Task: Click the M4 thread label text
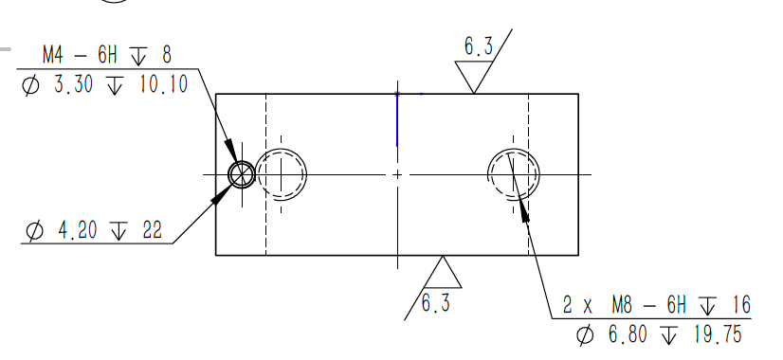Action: [x=53, y=55]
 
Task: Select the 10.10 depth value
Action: [x=163, y=84]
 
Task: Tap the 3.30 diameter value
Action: [x=73, y=84]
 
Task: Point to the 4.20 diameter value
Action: [x=78, y=230]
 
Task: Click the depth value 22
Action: [x=153, y=230]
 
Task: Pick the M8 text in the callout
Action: [x=622, y=304]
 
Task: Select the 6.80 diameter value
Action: [x=628, y=334]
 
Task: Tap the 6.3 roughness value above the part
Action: [x=479, y=46]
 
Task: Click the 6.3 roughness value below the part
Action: [x=436, y=303]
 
